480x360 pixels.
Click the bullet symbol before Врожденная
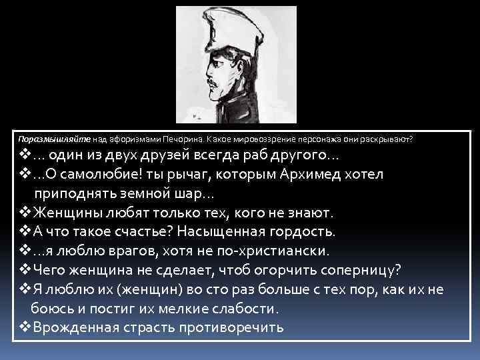[x=22, y=328]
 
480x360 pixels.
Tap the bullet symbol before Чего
[x=22, y=271]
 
